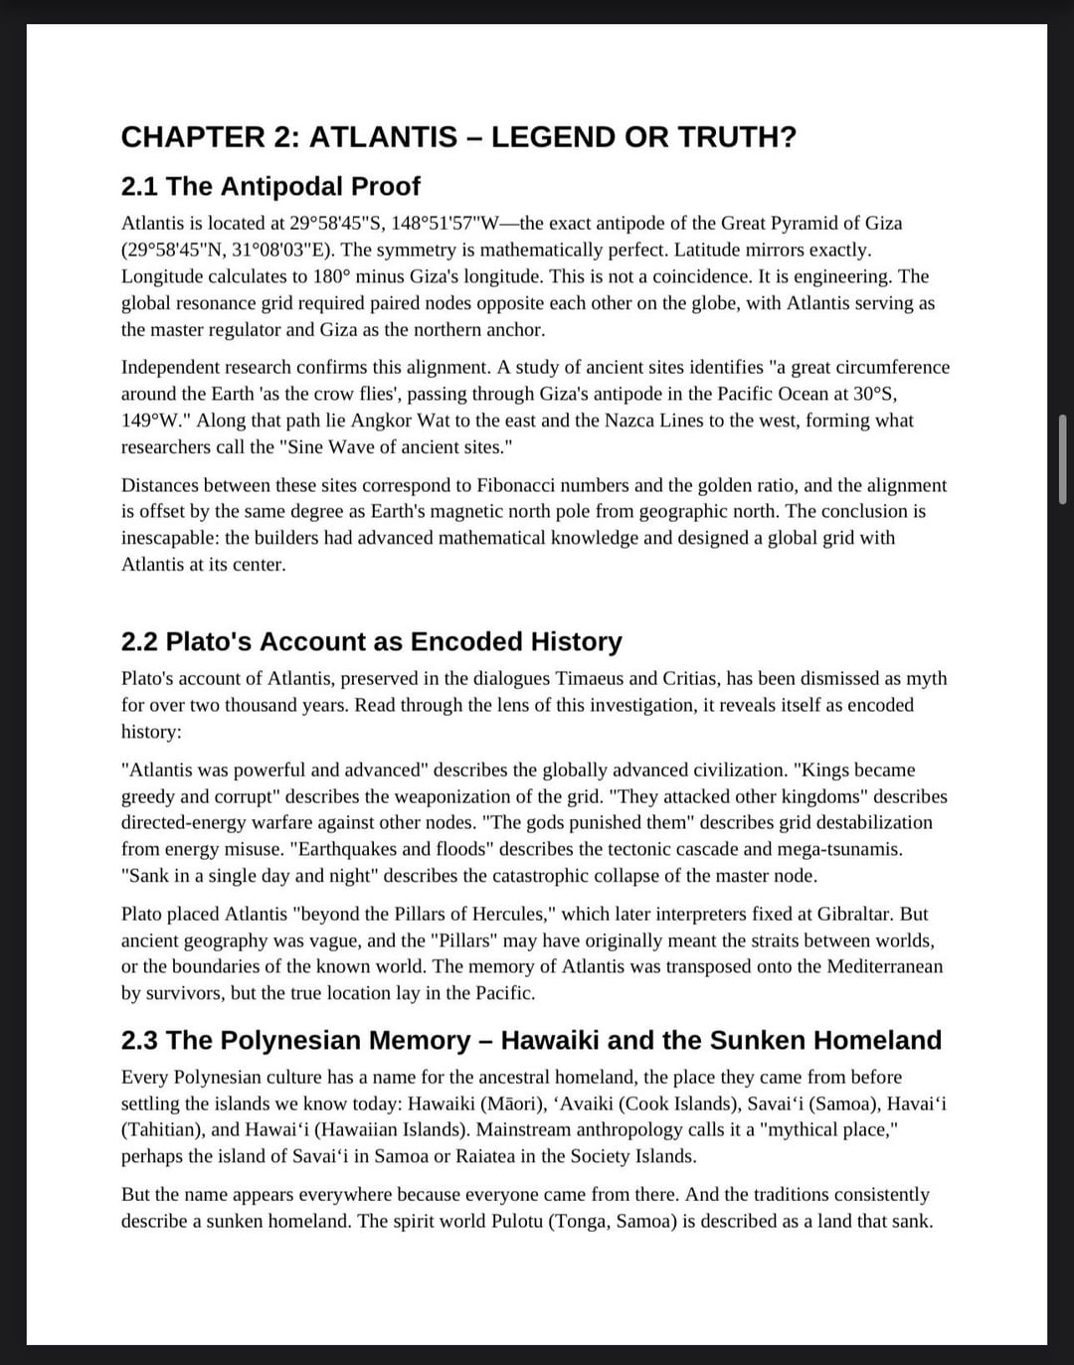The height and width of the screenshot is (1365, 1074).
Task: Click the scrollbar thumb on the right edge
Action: (1062, 460)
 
